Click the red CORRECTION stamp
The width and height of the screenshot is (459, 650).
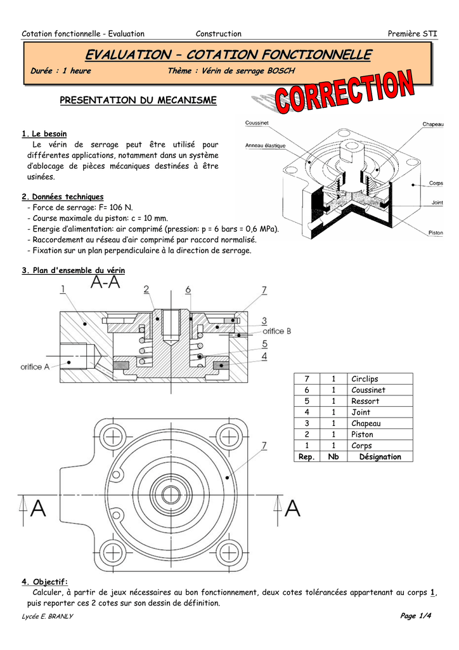pyautogui.click(x=344, y=91)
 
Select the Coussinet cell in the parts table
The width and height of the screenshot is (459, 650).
pyautogui.click(x=368, y=390)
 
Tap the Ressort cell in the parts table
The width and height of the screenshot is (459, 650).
pyautogui.click(x=365, y=401)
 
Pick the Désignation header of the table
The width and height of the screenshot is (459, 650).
pyautogui.click(x=380, y=457)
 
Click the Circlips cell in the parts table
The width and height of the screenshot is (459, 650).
pyautogui.click(x=365, y=379)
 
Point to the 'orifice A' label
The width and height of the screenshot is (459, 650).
pyautogui.click(x=35, y=367)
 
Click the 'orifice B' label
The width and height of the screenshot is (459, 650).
pyautogui.click(x=277, y=331)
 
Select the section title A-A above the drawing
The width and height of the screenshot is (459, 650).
pyautogui.click(x=105, y=282)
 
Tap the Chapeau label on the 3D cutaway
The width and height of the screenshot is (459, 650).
pyautogui.click(x=433, y=124)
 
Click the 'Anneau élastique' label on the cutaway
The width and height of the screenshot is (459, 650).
pyautogui.click(x=265, y=145)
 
